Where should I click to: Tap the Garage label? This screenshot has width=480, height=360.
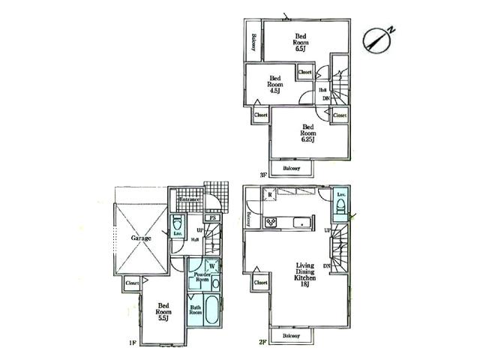point(142,238)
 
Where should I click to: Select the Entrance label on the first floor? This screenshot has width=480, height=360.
point(190,200)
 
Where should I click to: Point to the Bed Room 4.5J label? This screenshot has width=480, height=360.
point(275,83)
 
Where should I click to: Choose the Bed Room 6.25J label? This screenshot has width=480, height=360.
point(307,132)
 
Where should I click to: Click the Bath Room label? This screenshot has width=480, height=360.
point(196,310)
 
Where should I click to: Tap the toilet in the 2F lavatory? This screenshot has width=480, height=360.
point(340,206)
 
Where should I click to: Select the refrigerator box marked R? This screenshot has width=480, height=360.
point(268,195)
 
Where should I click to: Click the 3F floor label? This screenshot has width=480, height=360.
point(263,175)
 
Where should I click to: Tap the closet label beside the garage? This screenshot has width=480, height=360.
point(132,283)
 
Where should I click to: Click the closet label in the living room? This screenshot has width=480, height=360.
point(261,283)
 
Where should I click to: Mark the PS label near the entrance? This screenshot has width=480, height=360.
point(213,220)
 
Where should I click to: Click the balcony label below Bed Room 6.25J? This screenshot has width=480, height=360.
point(292,169)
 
